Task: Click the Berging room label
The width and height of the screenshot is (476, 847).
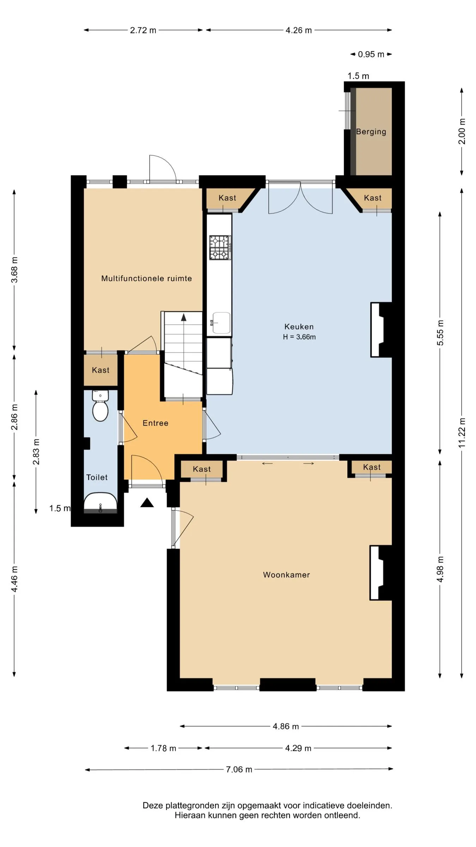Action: point(371,132)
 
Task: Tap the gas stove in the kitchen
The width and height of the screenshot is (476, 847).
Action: point(220,247)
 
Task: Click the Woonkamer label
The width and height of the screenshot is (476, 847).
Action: point(286,575)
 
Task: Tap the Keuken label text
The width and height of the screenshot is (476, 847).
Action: point(299,327)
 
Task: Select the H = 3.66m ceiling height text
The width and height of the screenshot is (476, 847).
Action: point(299,337)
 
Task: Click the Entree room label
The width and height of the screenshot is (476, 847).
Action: point(155,423)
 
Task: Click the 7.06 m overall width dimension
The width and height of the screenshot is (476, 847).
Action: point(239,769)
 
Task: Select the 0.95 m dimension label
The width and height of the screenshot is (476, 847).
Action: point(371,54)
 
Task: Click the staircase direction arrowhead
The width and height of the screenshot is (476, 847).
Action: point(184,317)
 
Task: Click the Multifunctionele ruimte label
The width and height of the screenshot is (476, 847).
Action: point(147,278)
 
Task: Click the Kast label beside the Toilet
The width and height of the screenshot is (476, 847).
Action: point(100,370)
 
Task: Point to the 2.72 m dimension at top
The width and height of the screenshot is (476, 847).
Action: point(143,30)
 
